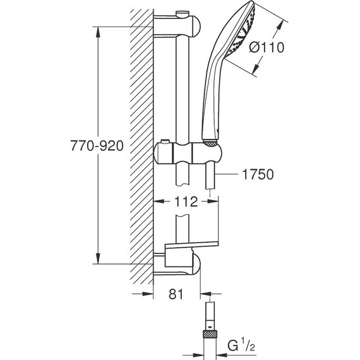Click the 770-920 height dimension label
pyautogui.click(x=95, y=145)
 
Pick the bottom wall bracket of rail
pyautogui.click(x=180, y=265)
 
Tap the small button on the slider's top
pyautogui.click(x=168, y=141)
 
